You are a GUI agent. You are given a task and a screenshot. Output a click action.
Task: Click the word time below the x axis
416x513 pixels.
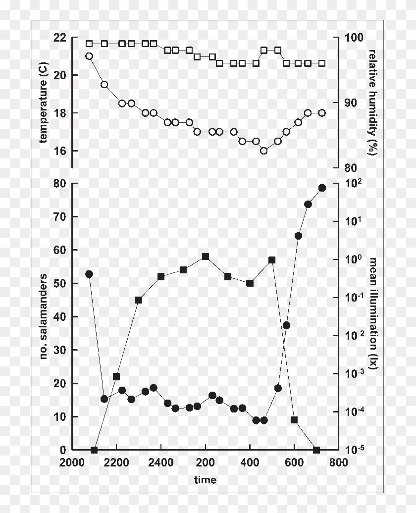click(x=205, y=479)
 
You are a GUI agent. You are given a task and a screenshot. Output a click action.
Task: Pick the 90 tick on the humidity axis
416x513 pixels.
click(x=351, y=103)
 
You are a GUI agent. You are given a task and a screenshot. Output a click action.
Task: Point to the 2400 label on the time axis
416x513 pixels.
click(x=160, y=462)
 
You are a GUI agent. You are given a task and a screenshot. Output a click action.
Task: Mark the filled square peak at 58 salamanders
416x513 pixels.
click(x=206, y=256)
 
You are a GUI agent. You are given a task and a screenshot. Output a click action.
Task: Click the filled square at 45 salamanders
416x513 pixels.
click(x=139, y=300)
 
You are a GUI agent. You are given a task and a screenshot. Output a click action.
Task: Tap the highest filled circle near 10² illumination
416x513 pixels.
click(x=322, y=188)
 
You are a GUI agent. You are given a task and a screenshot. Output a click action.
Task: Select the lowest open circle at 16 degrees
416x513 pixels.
click(x=264, y=151)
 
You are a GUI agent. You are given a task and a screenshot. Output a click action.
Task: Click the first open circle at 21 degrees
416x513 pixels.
click(x=89, y=56)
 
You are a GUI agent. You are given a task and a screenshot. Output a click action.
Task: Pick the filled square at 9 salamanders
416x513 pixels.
click(x=294, y=420)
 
